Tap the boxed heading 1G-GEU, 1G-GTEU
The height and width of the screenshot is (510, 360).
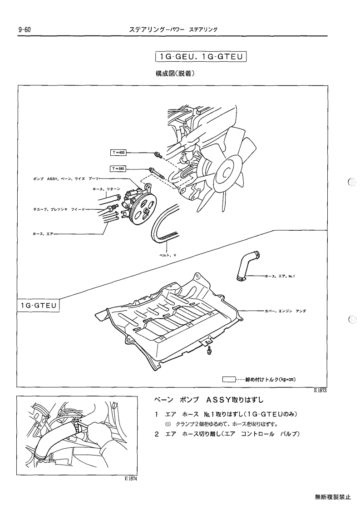coord(201,57)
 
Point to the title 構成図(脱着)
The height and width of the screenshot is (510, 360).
coord(175,74)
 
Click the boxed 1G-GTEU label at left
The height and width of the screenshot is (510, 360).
coord(39,306)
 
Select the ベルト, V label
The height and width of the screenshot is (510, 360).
coord(168,255)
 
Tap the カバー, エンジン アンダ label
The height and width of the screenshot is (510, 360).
coord(285,311)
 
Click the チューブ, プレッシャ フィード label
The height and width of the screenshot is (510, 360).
coord(59,209)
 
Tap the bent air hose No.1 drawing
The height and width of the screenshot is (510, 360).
coord(247,265)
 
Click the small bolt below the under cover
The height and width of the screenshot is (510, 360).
coord(209,351)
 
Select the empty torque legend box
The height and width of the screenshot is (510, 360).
coord(229,379)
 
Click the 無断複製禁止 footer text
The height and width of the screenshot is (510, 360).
coord(333,497)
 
